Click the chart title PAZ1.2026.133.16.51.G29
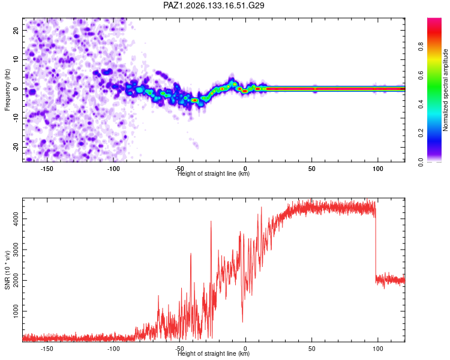tap(214, 5)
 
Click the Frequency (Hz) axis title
tap(7, 90)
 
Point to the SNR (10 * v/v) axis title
tap(7, 270)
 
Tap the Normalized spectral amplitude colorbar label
tap(445, 90)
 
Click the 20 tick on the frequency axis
tap(16, 30)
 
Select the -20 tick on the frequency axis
tap(16, 147)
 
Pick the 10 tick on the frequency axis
tap(16, 59)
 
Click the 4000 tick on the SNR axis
tap(16, 219)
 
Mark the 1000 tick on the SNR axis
tap(16, 311)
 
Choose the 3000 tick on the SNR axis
tap(16, 250)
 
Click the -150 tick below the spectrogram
tap(47, 169)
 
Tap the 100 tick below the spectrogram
tap(377, 169)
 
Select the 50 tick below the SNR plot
tap(311, 349)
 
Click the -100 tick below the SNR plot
tap(113, 349)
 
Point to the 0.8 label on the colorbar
tap(421, 47)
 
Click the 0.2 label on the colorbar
tap(421, 133)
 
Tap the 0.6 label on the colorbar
tap(421, 75)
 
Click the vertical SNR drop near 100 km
tap(376, 247)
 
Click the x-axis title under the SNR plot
tap(214, 353)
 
